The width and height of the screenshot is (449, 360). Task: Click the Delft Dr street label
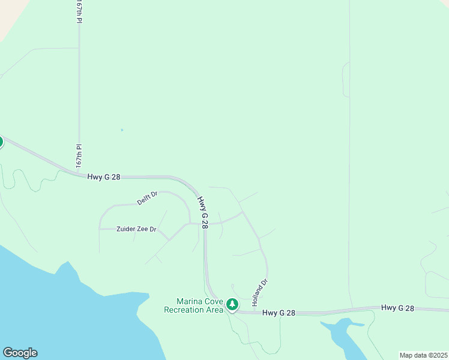pyautogui.click(x=147, y=198)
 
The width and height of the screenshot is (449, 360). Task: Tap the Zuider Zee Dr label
pyautogui.click(x=136, y=229)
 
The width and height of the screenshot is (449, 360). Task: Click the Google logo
pyautogui.click(x=20, y=353)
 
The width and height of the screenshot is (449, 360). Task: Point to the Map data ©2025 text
pyautogui.click(x=423, y=355)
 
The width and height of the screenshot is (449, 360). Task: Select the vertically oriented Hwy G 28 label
pyautogui.click(x=204, y=213)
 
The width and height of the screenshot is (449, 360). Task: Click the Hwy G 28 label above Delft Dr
pyautogui.click(x=104, y=177)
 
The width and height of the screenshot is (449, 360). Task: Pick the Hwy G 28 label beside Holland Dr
pyautogui.click(x=279, y=313)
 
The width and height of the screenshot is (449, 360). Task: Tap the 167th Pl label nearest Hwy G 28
pyautogui.click(x=78, y=155)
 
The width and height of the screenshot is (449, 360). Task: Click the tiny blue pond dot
pyautogui.click(x=122, y=130)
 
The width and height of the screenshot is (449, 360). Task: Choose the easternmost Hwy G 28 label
pyautogui.click(x=397, y=308)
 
